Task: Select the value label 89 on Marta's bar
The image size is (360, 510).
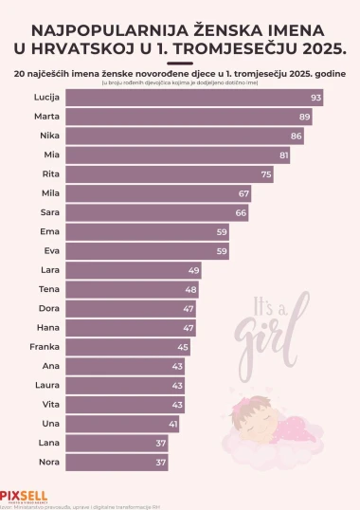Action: tap(304, 117)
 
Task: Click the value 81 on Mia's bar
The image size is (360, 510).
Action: tap(284, 155)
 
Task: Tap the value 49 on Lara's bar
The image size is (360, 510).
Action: tap(193, 270)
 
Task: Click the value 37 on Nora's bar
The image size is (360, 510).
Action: tap(160, 463)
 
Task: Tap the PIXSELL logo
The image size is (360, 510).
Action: tap(24, 495)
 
